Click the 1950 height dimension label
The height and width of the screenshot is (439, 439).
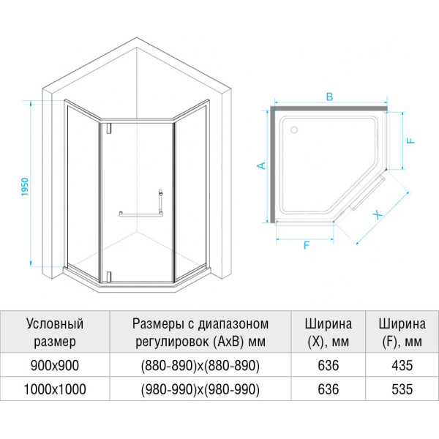[x=25, y=187]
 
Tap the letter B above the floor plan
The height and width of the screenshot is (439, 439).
[x=329, y=97]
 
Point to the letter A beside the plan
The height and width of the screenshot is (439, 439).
[x=261, y=165]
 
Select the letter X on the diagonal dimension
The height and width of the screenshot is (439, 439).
[x=378, y=215]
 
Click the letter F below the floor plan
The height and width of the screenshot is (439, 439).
[x=307, y=245]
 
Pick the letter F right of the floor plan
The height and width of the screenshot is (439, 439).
[x=410, y=140]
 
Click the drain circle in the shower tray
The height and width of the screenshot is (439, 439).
[x=294, y=130]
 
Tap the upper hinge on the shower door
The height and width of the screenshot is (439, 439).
[x=108, y=128]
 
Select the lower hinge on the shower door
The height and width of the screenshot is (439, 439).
[x=108, y=277]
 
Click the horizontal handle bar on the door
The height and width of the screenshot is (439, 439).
[x=140, y=214]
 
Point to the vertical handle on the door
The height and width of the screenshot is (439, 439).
[x=160, y=200]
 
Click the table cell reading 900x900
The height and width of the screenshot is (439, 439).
[x=55, y=365]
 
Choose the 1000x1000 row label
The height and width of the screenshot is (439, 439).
[x=55, y=389]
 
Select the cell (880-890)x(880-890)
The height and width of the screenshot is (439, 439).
[x=200, y=365]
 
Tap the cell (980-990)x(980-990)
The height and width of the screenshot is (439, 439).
[x=200, y=389]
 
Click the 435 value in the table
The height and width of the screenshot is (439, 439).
[x=402, y=365]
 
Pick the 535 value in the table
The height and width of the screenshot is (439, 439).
[x=402, y=389]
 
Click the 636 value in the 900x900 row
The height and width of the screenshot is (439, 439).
[x=329, y=365]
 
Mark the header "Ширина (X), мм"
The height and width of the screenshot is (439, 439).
[x=329, y=333]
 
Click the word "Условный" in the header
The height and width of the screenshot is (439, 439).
[x=55, y=324]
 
